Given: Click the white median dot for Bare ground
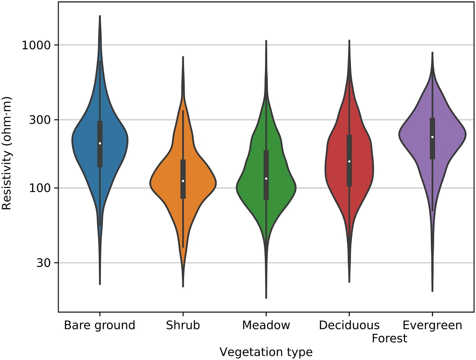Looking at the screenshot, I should click(x=99, y=143).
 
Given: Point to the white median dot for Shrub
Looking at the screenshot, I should click(x=183, y=181).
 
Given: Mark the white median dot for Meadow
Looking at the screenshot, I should click(x=266, y=179).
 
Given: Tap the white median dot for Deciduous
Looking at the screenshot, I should click(x=349, y=161).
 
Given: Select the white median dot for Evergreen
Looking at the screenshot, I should click(x=432, y=137).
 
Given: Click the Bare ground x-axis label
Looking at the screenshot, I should click(x=99, y=325).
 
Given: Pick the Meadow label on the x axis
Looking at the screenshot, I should click(x=266, y=325).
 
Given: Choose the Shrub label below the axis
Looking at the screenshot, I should click(x=183, y=325).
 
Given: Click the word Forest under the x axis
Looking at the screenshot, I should click(x=390, y=338).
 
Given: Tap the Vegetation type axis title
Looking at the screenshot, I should click(x=266, y=352).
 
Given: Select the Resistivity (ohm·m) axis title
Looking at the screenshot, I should click(x=7, y=153).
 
